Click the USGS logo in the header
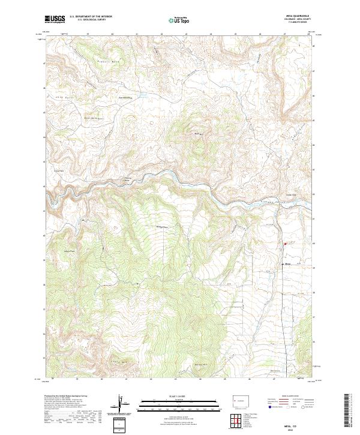(x=55, y=19)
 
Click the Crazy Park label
(x=59, y=170)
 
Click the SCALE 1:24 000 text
(x=180, y=395)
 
